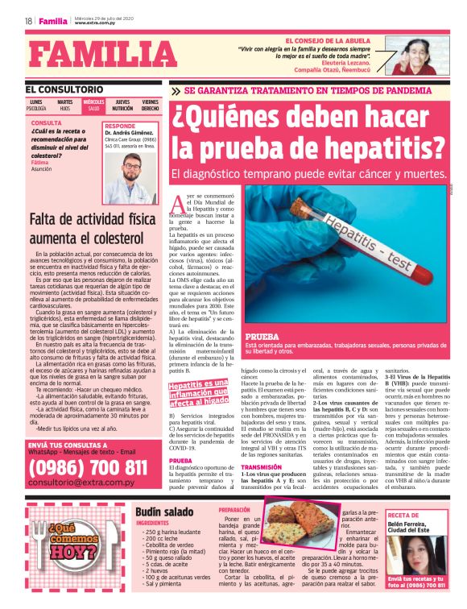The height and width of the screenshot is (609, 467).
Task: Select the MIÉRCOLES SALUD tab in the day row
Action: pos(93,106)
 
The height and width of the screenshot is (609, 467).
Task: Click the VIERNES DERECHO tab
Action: pos(150,106)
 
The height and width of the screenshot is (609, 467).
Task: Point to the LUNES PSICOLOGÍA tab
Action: pos(37,106)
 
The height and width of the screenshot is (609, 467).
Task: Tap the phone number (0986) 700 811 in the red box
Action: pos(89,467)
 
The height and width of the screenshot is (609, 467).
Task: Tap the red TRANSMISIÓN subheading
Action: pos(261,466)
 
